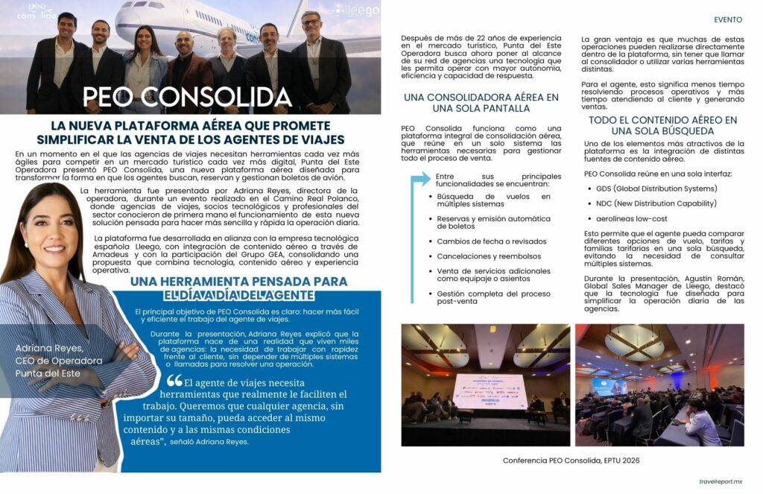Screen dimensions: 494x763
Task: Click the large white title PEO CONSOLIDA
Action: click(x=186, y=97)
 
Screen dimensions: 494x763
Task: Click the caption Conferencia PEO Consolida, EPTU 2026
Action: click(x=571, y=460)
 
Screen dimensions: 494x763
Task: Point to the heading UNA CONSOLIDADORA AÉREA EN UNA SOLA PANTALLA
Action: click(x=481, y=103)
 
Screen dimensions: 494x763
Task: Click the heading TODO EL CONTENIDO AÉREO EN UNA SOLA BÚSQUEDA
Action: click(x=662, y=125)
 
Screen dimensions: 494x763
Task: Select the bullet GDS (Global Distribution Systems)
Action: click(x=656, y=189)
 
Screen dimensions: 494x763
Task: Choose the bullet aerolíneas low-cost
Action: click(x=631, y=219)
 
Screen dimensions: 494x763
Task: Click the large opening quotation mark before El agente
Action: click(x=174, y=381)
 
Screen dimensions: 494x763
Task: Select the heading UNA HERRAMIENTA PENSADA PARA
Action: click(x=238, y=282)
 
